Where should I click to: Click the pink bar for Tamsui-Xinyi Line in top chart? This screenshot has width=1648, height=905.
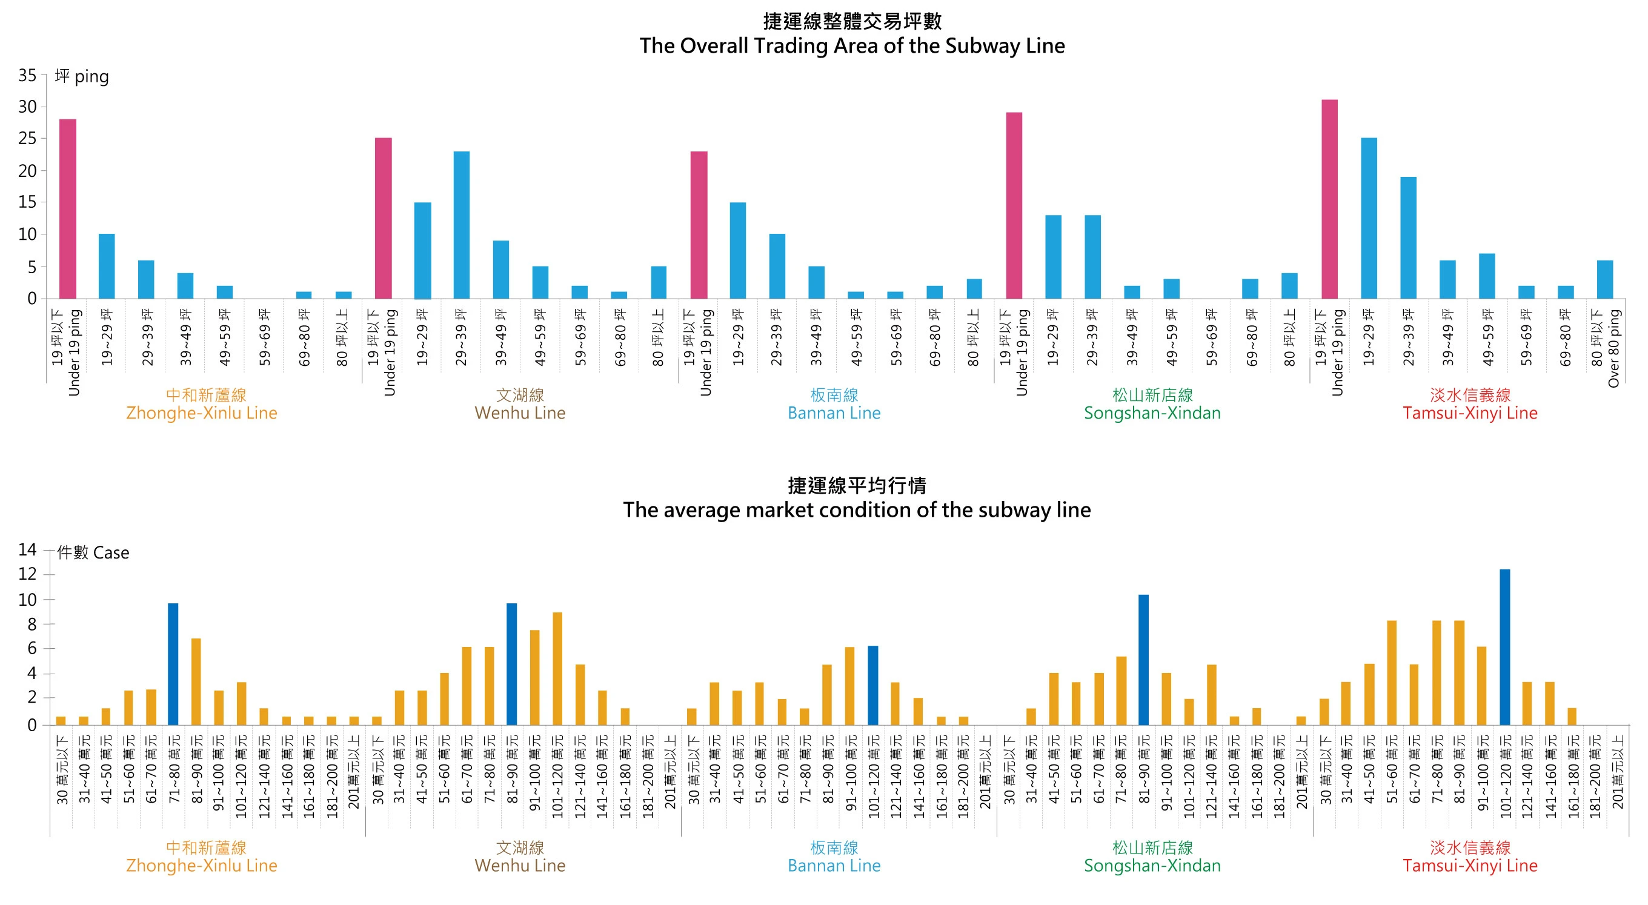1329,199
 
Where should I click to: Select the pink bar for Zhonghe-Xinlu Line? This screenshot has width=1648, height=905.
68,208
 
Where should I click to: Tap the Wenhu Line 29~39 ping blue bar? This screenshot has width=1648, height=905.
461,225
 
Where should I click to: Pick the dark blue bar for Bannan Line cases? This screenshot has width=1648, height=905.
872,685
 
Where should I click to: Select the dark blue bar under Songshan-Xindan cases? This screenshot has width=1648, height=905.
1143,660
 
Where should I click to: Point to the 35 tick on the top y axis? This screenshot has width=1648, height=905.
27,76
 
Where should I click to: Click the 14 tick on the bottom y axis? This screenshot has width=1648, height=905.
27,549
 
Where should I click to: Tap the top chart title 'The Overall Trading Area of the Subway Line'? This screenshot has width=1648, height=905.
851,45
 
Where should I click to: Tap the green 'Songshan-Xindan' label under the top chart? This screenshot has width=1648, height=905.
1152,413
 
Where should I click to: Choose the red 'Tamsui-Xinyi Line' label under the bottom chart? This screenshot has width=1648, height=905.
1469,866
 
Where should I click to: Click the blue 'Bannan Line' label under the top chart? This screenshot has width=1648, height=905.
834,413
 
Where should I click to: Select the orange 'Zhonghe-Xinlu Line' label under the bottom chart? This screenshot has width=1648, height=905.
202,866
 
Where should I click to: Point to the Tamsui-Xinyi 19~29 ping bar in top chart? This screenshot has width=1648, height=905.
1369,218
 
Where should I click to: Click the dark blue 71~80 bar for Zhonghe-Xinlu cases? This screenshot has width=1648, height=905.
173,664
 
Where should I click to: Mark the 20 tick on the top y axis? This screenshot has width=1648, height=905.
27,171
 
